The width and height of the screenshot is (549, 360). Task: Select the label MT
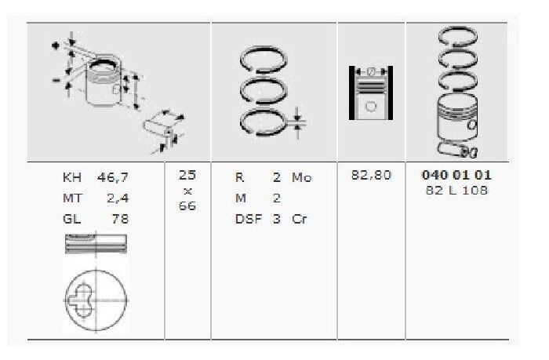(72, 198)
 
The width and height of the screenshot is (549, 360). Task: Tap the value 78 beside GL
(120, 219)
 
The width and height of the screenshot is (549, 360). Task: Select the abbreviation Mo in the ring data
(301, 178)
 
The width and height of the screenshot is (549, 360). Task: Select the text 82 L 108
(456, 191)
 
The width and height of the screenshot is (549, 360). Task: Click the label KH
(72, 178)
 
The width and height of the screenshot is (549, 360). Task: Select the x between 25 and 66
(187, 191)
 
